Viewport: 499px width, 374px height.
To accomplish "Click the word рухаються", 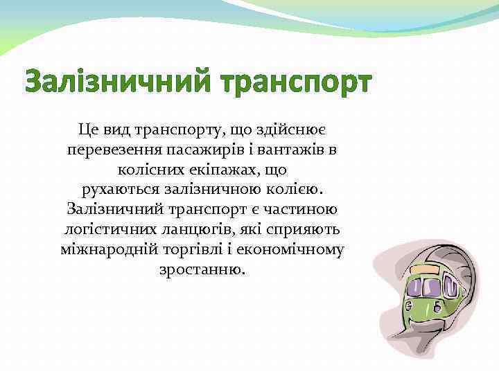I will click(x=121, y=189).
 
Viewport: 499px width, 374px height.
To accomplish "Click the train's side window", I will click(x=450, y=285).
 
